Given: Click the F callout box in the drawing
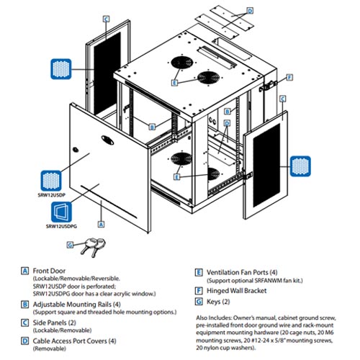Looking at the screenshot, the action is coord(290,78).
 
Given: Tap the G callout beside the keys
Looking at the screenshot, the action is coord(70,245).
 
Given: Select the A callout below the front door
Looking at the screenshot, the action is coord(102,224).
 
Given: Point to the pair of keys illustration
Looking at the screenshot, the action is coord(93,247).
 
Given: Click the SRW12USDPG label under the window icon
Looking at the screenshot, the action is coord(61,226).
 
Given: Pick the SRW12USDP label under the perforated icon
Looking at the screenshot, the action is coord(52,195).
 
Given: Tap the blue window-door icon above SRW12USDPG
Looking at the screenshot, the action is coord(61,212).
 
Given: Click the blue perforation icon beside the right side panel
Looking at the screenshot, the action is coord(300,166).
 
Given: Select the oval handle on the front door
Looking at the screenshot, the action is coord(107,140).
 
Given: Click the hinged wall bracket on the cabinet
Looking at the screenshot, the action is coord(268,86).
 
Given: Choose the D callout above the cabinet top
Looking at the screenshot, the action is coord(250,11).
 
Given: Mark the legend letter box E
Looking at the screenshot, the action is coord(199,273).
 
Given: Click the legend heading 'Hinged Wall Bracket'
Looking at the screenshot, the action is coord(237,291).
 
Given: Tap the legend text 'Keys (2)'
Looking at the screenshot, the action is coord(218,302).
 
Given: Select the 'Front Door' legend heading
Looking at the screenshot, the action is coord(49,271).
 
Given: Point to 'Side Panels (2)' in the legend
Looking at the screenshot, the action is coord(54,323).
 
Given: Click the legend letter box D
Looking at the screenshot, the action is coord(24,341).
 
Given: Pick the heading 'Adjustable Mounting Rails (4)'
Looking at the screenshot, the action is coord(76,305).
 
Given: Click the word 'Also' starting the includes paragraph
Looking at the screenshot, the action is coord(202,318).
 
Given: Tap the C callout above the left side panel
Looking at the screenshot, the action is coord(106,19).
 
